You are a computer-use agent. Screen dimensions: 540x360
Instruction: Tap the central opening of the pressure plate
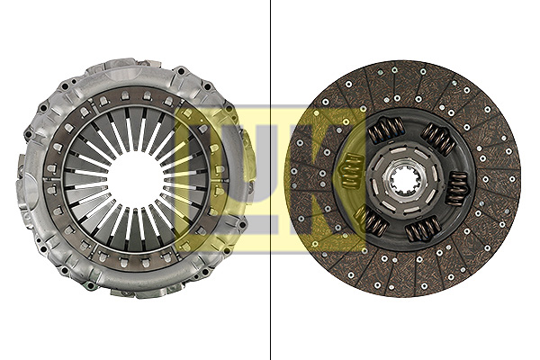[x=136, y=179]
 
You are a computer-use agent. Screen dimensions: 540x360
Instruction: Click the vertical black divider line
[x=271, y=180]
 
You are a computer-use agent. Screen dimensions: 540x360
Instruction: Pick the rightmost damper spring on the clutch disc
[x=457, y=187]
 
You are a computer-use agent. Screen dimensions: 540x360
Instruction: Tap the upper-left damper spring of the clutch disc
[x=386, y=130]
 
